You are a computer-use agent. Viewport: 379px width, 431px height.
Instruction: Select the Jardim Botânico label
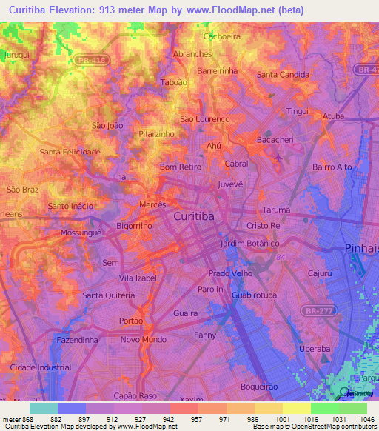click(249, 243)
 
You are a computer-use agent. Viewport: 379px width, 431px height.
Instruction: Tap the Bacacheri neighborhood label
click(275, 139)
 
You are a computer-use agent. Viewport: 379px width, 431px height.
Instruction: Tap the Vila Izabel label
click(138, 278)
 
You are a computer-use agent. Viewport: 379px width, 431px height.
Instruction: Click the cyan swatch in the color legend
click(44, 407)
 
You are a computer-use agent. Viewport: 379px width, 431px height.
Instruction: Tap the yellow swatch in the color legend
click(297, 407)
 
